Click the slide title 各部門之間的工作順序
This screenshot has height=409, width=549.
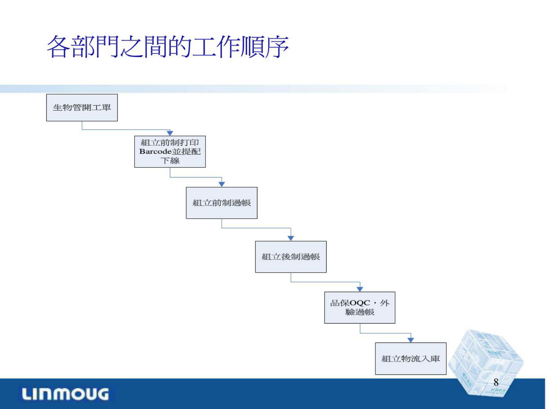[x=167, y=46]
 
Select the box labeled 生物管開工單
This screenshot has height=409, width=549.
[x=82, y=108]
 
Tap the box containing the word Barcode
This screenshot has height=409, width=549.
[x=170, y=152]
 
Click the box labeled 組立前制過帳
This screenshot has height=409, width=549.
[x=221, y=203]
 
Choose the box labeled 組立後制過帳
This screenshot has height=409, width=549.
[x=291, y=257]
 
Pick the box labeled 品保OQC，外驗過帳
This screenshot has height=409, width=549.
[x=359, y=308]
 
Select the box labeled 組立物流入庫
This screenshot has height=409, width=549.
[x=411, y=358]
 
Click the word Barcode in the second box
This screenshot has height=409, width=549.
[x=155, y=152]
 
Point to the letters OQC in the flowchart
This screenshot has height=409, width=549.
[x=360, y=303]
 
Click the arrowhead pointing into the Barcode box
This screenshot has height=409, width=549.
[x=170, y=133]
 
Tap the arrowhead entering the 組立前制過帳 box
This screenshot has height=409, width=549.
[x=222, y=184]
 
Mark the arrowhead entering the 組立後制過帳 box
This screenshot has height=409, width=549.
[x=291, y=238]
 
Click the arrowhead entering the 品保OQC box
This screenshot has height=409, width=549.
[x=360, y=289]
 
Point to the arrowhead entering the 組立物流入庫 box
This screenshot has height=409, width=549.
[x=411, y=340]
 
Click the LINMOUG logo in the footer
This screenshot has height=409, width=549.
[x=65, y=394]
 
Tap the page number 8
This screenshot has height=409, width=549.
[x=496, y=382]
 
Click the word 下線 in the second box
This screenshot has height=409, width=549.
[x=170, y=161]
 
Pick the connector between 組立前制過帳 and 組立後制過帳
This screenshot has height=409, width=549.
[x=256, y=228]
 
